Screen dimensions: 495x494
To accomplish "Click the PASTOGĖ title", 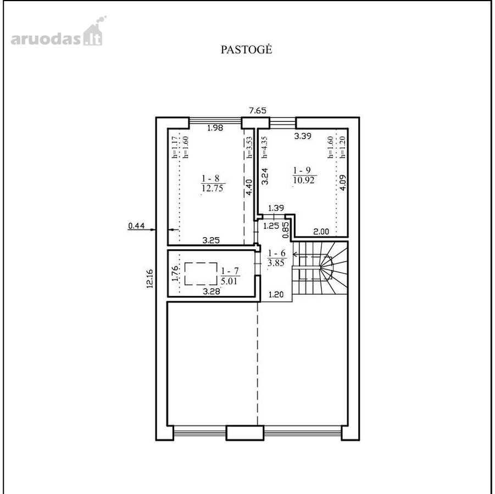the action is coord(246,49).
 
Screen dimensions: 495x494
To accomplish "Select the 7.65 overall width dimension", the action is coord(258,110).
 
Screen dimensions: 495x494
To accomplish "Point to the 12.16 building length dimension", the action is coord(149,278).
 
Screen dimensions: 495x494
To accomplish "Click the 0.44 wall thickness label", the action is coord(136,226).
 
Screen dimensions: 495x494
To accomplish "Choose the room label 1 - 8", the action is coord(210,178).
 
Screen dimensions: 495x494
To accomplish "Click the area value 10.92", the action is coord(304,180).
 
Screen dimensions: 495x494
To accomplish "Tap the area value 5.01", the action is coord(229,280).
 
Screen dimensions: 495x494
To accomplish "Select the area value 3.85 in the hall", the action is coord(276,263).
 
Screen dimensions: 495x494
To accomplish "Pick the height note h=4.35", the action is coord(265,147).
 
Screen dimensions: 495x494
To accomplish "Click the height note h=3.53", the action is coord(249,147).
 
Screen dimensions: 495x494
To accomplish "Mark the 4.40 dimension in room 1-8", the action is coord(249,187).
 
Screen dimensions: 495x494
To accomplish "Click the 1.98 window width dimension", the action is coord(215,128).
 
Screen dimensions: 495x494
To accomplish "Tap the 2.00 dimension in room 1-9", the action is coord(321,232).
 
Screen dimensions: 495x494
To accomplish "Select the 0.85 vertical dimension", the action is coord(286,229).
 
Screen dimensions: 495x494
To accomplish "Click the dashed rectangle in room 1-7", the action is coord(201,274).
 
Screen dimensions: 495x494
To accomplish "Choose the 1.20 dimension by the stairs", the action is coord(276,295).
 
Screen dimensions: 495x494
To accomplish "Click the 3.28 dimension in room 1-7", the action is coord(211,291).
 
